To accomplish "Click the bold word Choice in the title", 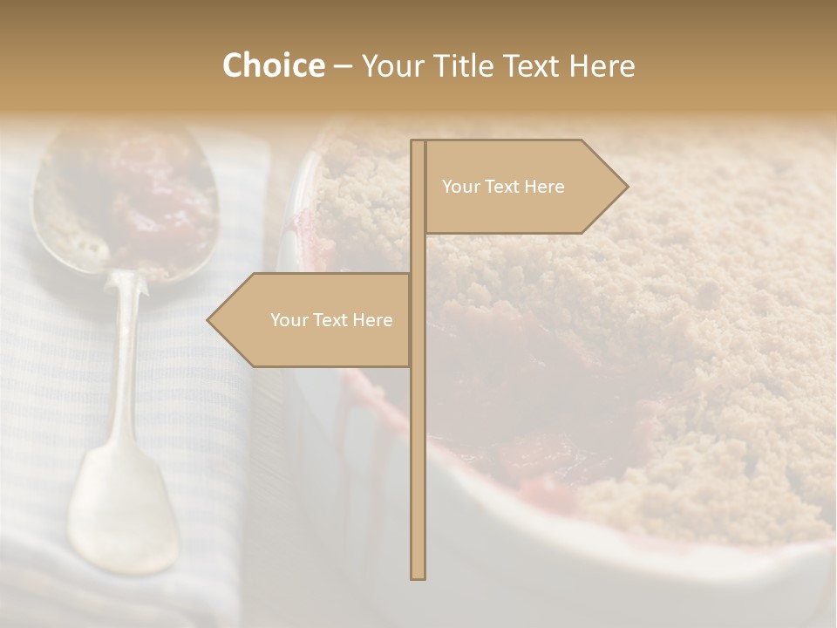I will point(273,65).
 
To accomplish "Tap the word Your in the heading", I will point(393,65).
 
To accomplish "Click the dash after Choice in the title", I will point(343,66).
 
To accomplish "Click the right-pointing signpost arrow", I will point(523,187).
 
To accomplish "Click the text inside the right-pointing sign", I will point(503,187).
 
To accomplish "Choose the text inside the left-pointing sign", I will point(331,320).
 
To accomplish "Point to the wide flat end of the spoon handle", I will point(122,515).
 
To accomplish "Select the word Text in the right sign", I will point(503,187).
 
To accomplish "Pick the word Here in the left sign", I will point(373,320).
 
